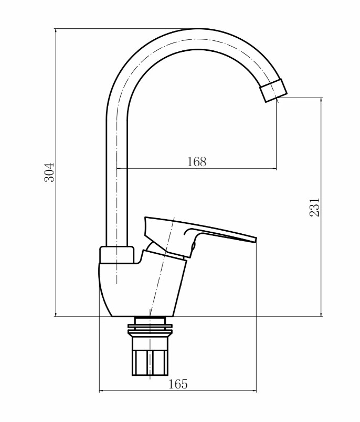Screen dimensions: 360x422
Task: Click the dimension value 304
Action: pos(49,172)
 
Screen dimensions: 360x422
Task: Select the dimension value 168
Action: pos(197,162)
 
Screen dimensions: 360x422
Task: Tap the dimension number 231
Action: pos(314,207)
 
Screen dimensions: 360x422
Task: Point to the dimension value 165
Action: pos(178,384)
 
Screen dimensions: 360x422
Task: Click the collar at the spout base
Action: pos(117,255)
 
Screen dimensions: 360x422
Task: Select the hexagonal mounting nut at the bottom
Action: pos(150,362)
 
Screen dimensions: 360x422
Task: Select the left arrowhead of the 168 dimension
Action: pos(119,169)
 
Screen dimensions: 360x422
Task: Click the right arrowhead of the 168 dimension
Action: pos(274,169)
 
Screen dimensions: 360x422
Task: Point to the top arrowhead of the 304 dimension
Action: pos(56,30)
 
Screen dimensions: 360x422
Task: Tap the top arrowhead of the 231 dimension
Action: pos(321,100)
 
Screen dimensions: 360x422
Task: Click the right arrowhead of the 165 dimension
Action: pos(254,391)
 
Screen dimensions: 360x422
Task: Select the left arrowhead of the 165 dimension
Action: pos(102,391)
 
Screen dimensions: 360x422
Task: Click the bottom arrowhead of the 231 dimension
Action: pos(321,314)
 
